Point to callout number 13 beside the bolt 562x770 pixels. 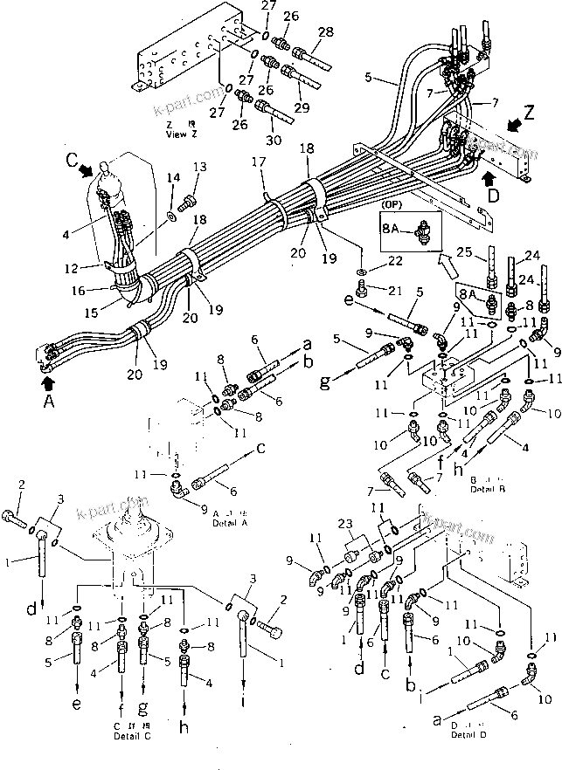(200, 167)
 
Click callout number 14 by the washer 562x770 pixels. (172, 178)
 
